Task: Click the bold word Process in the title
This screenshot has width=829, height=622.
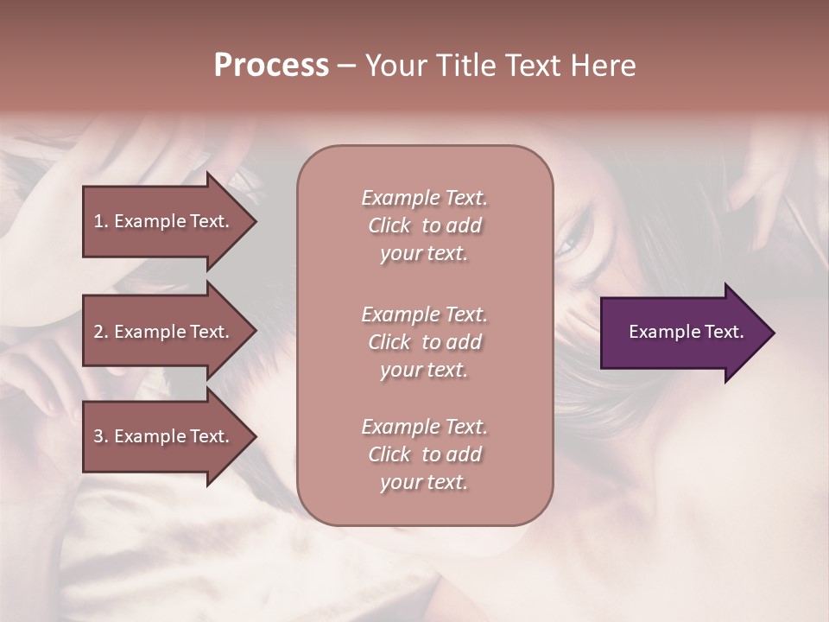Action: pyautogui.click(x=271, y=66)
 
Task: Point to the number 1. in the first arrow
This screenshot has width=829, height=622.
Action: pyautogui.click(x=101, y=221)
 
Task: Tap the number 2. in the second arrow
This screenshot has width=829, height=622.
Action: pyautogui.click(x=101, y=332)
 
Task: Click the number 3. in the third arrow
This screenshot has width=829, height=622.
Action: pyautogui.click(x=101, y=436)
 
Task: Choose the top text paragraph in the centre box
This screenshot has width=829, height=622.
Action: pyautogui.click(x=424, y=225)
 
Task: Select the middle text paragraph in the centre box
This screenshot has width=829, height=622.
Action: pyautogui.click(x=424, y=342)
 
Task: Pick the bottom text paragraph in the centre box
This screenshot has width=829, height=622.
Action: pyautogui.click(x=424, y=454)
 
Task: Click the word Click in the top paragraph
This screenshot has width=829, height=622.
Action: pyautogui.click(x=389, y=225)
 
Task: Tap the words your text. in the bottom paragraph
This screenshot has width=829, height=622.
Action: pyautogui.click(x=424, y=482)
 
